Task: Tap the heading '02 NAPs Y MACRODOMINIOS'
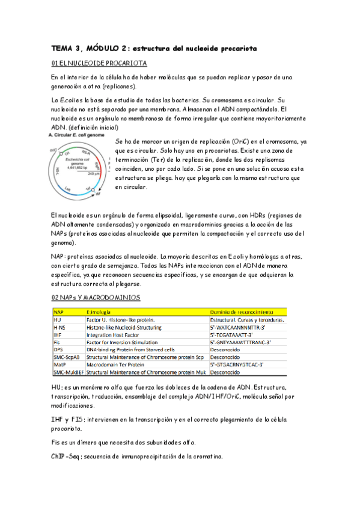tap(96, 298)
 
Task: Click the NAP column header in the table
tap(59, 312)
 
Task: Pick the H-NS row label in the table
tap(61, 327)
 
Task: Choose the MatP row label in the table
tap(60, 364)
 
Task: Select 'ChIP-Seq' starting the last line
tap(66, 456)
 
